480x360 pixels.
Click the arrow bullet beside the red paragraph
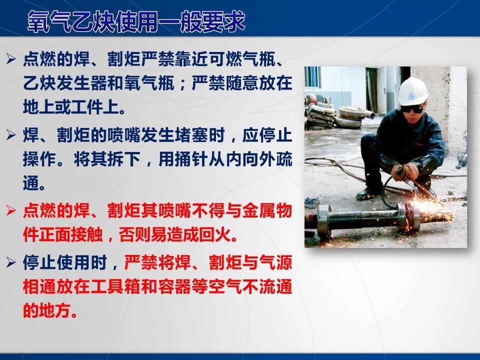11,211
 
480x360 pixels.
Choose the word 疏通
282,159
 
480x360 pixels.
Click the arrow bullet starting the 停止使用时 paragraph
11,262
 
